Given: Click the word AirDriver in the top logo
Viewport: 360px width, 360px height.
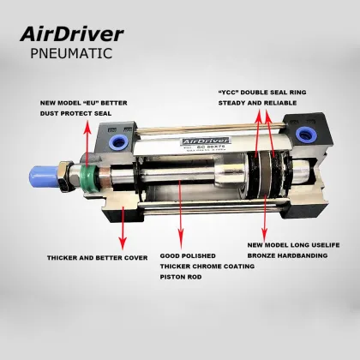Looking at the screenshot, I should pos(72,35).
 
